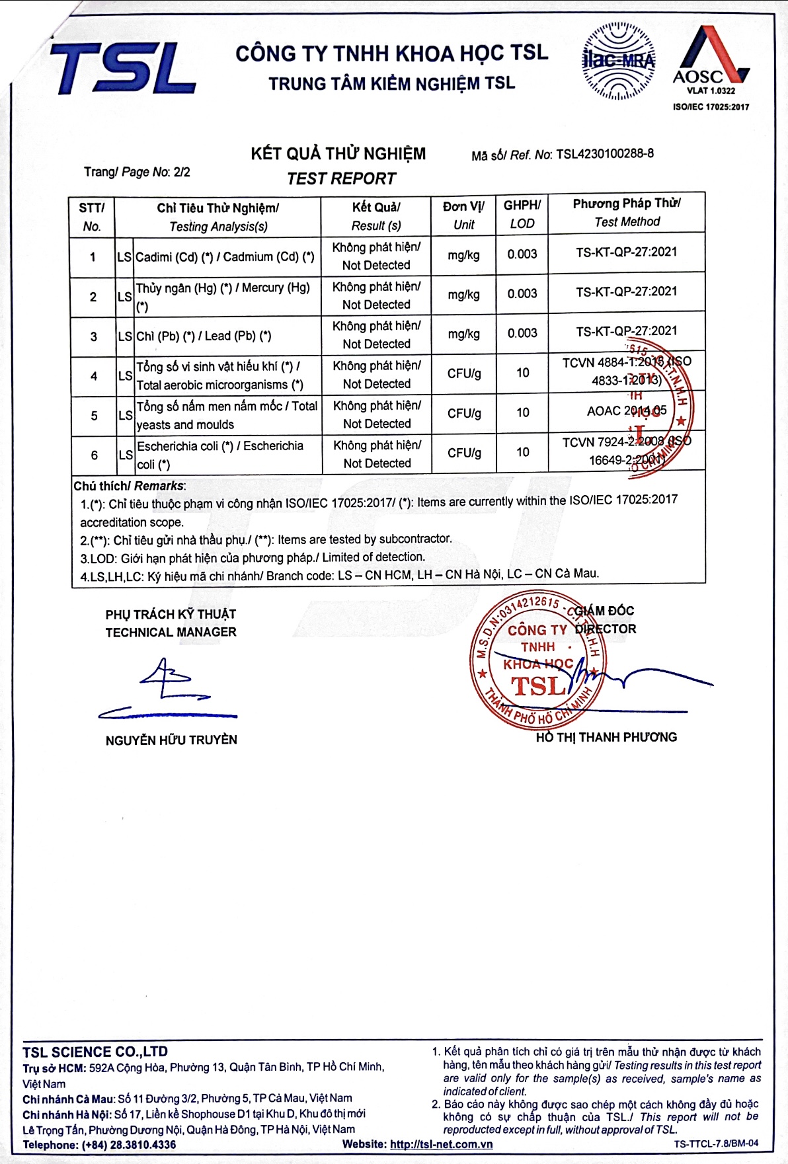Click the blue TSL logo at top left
tap(123, 67)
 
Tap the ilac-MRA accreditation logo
tap(618, 61)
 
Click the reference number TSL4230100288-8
tap(604, 154)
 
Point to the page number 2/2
tap(182, 172)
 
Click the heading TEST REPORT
tap(341, 178)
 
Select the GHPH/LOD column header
tap(522, 214)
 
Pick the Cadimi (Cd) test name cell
tap(225, 257)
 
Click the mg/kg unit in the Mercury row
tap(463, 295)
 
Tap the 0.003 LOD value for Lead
tap(522, 333)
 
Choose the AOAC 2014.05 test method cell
tap(626, 411)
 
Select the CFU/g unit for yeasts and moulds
tap(463, 413)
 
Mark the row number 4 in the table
tap(93, 376)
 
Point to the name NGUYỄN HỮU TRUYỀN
tap(171, 740)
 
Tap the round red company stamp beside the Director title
tap(537, 661)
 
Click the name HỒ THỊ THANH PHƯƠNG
tap(606, 737)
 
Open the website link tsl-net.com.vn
tap(441, 1144)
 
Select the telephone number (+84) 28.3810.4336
tap(129, 1145)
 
